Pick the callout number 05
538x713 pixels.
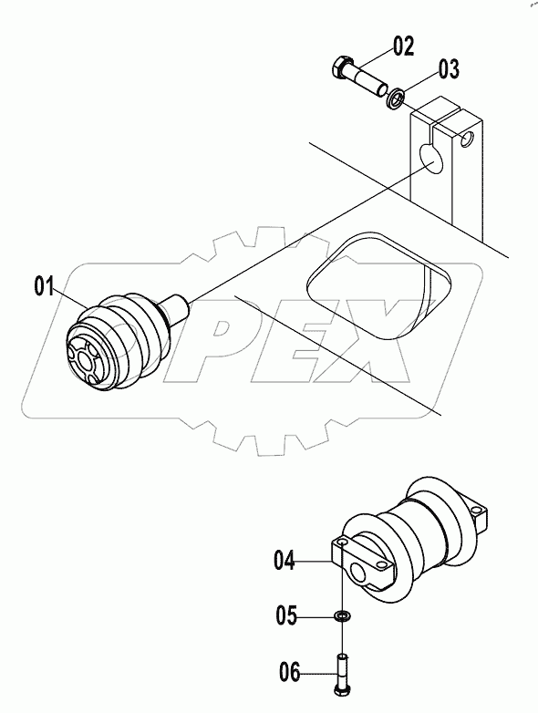pyautogui.click(x=289, y=617)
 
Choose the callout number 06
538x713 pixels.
pyautogui.click(x=289, y=674)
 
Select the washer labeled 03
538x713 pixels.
pyautogui.click(x=397, y=96)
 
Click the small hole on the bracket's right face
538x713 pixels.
pyautogui.click(x=467, y=141)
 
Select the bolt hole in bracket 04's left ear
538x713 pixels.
pyautogui.click(x=342, y=543)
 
